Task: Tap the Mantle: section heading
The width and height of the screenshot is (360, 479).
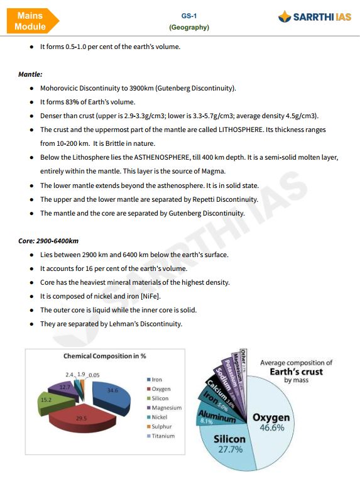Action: [x=30, y=74]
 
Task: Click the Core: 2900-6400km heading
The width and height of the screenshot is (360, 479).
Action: [x=48, y=241]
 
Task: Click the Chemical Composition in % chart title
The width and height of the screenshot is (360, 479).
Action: [x=105, y=356]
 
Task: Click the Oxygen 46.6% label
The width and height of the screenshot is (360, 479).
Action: [x=271, y=422]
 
